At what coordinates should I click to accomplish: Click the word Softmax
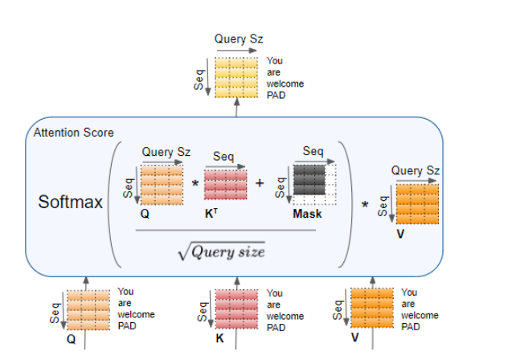point(71,201)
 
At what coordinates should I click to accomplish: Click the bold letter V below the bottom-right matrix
point(354,338)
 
